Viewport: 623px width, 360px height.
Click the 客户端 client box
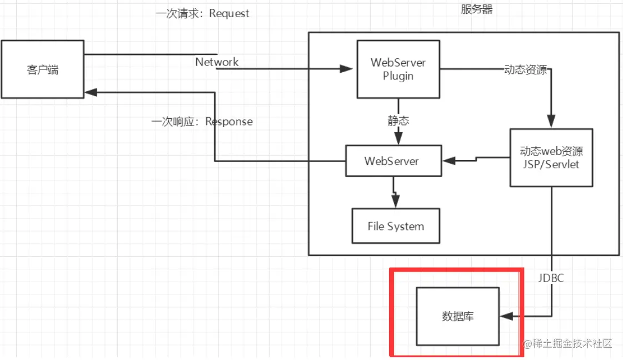42,69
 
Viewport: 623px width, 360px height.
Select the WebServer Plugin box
397,69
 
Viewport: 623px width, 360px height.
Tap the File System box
396,226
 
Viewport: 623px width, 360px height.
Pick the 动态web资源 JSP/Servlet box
551,157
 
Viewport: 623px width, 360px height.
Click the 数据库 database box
457,316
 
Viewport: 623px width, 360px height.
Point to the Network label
217,62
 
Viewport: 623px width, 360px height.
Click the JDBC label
550,278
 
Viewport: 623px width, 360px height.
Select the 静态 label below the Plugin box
398,120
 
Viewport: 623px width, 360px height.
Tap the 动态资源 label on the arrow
525,70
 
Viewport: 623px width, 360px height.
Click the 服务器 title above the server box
476,9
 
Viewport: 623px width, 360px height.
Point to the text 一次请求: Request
202,13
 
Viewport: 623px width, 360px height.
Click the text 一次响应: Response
202,121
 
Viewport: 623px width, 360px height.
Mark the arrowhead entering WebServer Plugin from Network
347,69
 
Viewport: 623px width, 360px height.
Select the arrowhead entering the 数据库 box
506,316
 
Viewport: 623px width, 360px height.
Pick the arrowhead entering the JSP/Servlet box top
551,123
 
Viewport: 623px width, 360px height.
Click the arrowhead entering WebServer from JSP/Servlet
448,161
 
